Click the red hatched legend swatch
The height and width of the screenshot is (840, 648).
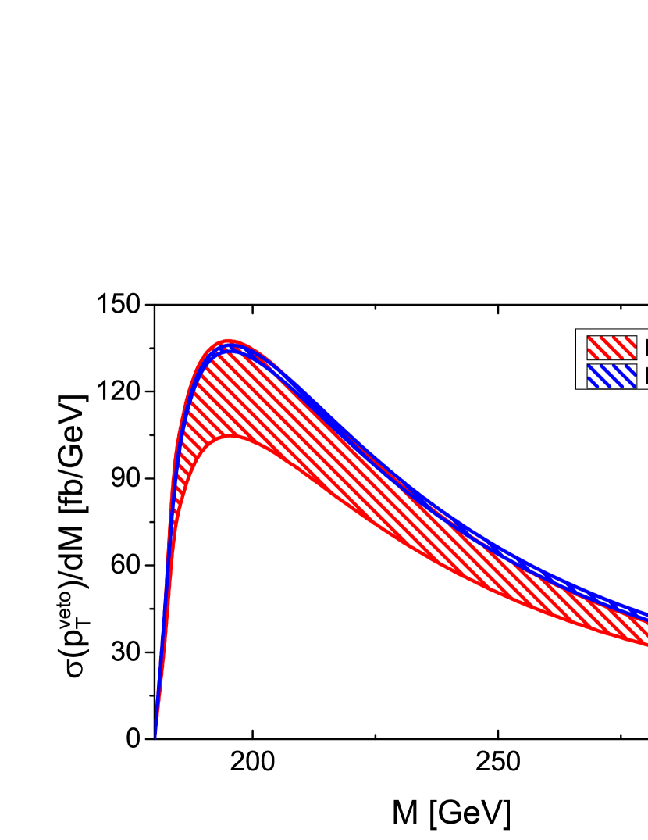[x=611, y=348]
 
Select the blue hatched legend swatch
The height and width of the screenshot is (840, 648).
[x=611, y=376]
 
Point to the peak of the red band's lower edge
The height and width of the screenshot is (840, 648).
[x=231, y=438]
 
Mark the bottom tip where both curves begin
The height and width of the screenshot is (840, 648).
[x=155, y=736]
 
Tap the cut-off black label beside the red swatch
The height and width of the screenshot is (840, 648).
[x=645, y=348]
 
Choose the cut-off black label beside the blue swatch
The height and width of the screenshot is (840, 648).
[x=645, y=376]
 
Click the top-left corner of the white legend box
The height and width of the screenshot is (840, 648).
[x=577, y=330]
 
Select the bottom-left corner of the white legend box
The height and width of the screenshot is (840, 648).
[x=577, y=388]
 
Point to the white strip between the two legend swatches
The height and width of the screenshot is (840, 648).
[x=611, y=362]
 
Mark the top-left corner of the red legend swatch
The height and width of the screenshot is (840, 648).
[x=587, y=336]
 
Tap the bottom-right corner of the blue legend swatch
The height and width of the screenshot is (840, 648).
[x=636, y=388]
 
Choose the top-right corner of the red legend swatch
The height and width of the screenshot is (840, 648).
[x=636, y=336]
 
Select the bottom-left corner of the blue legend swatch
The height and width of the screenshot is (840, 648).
[x=587, y=388]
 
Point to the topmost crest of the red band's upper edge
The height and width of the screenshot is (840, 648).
[x=229, y=341]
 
